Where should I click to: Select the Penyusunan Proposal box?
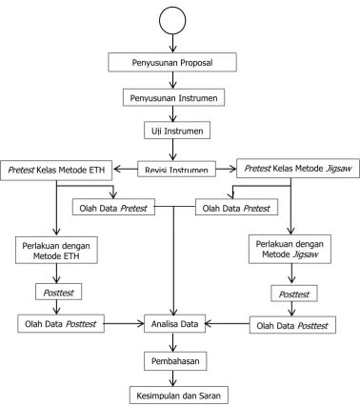pyautogui.click(x=172, y=62)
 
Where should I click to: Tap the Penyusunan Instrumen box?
pyautogui.click(x=174, y=97)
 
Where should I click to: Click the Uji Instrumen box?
pyautogui.click(x=177, y=131)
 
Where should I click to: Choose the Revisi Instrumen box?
pyautogui.click(x=176, y=169)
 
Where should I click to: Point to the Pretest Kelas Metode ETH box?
pyautogui.click(x=56, y=171)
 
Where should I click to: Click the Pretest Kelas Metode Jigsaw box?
pyautogui.click(x=298, y=169)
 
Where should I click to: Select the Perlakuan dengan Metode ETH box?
pyautogui.click(x=56, y=250)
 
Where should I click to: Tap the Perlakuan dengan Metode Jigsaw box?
pyautogui.click(x=290, y=249)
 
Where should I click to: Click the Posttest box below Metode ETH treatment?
pyautogui.click(x=58, y=292)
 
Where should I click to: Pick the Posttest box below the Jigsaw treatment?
pyautogui.click(x=294, y=294)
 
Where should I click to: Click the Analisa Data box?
pyautogui.click(x=175, y=324)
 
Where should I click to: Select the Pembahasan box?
pyautogui.click(x=175, y=361)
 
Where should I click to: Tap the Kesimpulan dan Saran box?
pyautogui.click(x=179, y=396)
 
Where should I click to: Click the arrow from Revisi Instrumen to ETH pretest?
pyautogui.click(x=126, y=169)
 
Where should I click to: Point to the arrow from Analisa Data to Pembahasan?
pyautogui.click(x=172, y=342)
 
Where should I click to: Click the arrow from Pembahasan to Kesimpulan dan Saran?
pyautogui.click(x=172, y=378)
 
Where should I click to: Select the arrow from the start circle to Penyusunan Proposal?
pyautogui.click(x=172, y=44)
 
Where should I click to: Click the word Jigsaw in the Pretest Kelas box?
pyautogui.click(x=339, y=169)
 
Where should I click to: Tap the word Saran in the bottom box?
pyautogui.click(x=210, y=396)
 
